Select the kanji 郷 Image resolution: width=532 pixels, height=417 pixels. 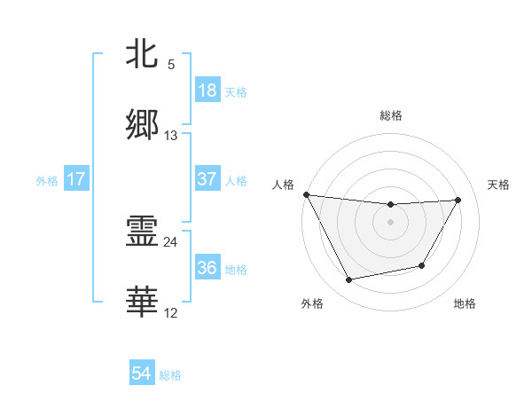pyautogui.click(x=142, y=124)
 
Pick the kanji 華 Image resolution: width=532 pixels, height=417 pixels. pyautogui.click(x=142, y=302)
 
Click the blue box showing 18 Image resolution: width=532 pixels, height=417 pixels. pyautogui.click(x=207, y=90)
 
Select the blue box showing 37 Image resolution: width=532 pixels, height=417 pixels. pyautogui.click(x=207, y=179)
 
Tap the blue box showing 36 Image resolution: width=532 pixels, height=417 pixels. pyautogui.click(x=207, y=268)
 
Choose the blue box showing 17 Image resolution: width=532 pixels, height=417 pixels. pyautogui.click(x=76, y=179)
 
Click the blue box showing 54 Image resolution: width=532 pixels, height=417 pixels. pyautogui.click(x=142, y=374)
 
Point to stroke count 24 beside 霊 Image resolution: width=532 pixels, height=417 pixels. pyautogui.click(x=171, y=241)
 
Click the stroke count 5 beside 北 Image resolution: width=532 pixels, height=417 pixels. pyautogui.click(x=171, y=65)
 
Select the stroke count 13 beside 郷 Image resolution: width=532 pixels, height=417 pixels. pyautogui.click(x=171, y=135)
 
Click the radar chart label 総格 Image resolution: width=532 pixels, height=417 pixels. pyautogui.click(x=391, y=115)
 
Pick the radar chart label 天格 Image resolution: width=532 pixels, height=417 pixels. pyautogui.click(x=499, y=185)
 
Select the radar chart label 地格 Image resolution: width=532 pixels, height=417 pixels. pyautogui.click(x=465, y=303)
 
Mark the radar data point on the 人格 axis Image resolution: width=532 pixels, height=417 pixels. pyautogui.click(x=307, y=194)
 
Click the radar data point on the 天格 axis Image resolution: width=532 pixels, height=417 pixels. pyautogui.click(x=458, y=200)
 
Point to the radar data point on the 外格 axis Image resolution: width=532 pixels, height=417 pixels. pyautogui.click(x=348, y=280)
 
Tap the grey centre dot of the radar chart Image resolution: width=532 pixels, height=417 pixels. pyautogui.click(x=391, y=222)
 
